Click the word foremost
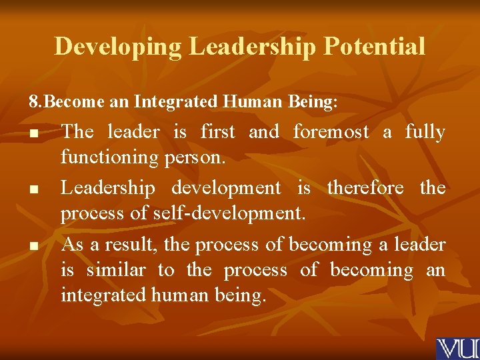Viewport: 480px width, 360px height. pyautogui.click(x=331, y=132)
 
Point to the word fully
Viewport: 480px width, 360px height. pyautogui.click(x=425, y=132)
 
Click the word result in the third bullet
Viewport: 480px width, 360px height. pyautogui.click(x=138, y=245)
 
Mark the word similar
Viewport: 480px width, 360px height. pyautogui.click(x=116, y=270)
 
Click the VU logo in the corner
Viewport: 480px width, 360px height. pyautogui.click(x=457, y=349)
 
